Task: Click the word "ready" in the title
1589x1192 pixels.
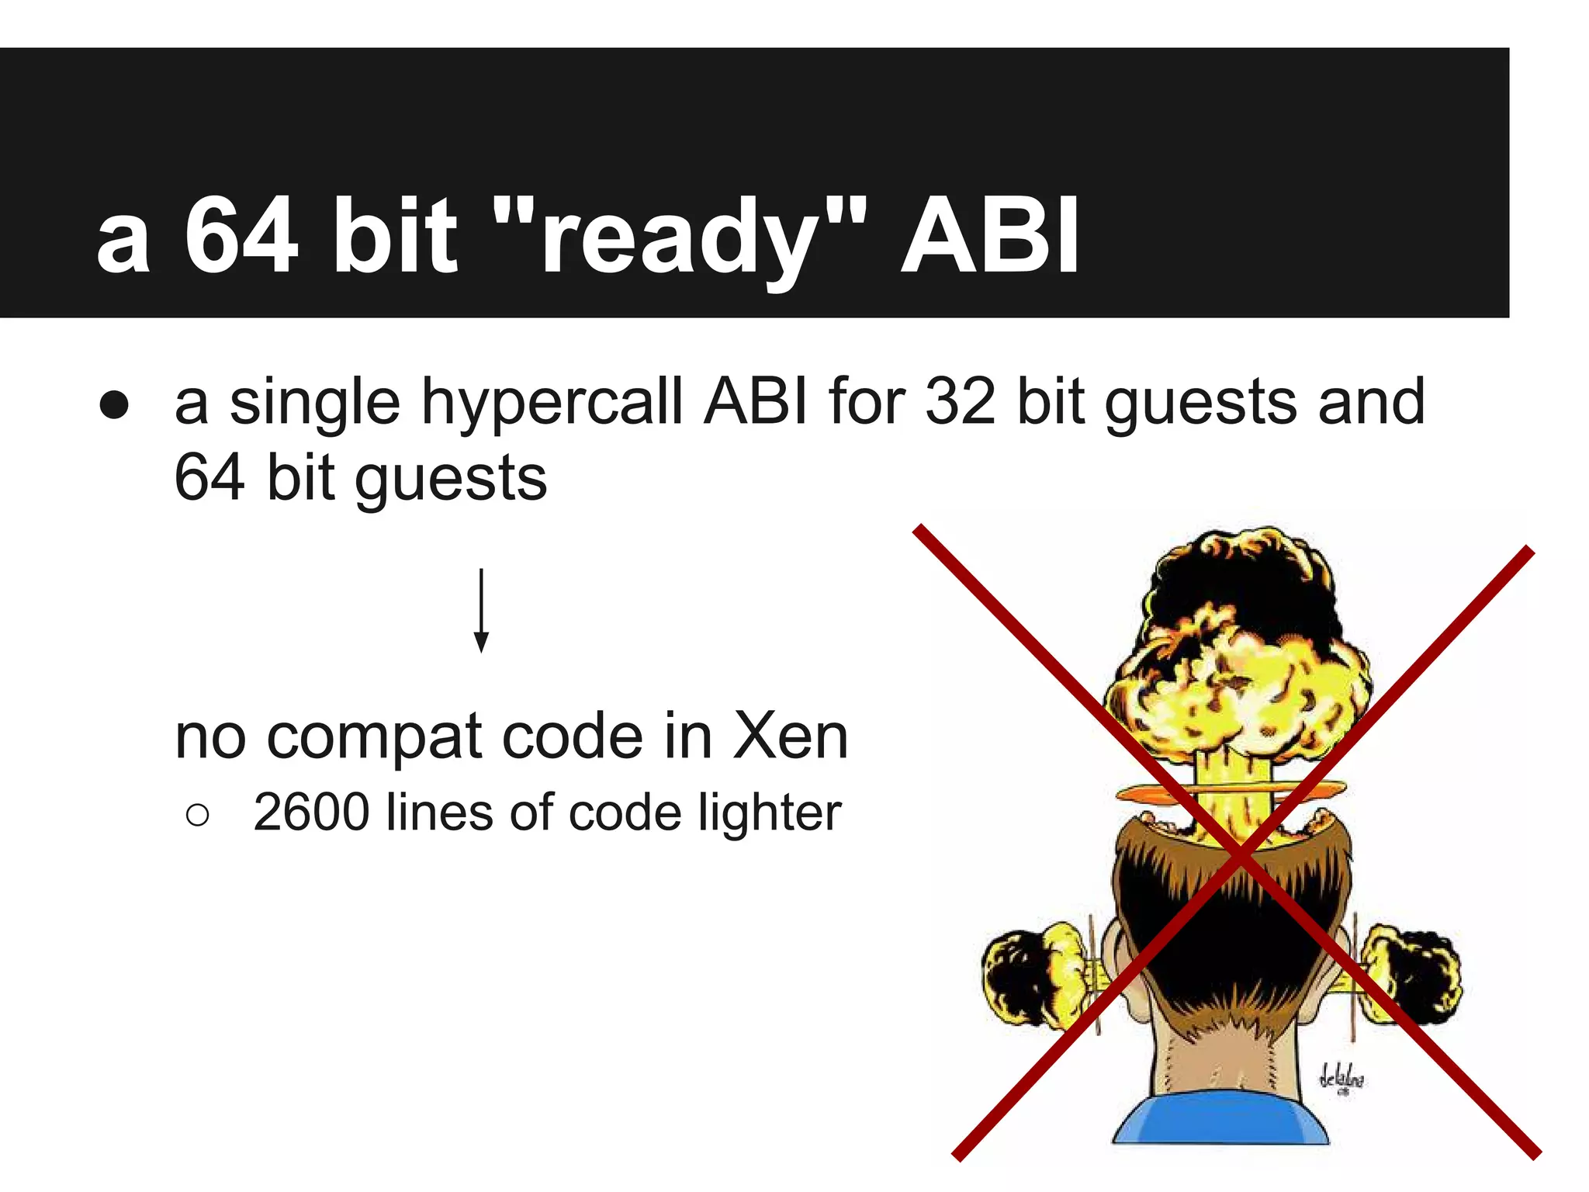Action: [679, 237]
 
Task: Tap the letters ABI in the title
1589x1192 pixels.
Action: [989, 235]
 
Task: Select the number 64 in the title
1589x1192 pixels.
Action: [241, 235]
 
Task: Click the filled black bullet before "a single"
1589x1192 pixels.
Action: [114, 405]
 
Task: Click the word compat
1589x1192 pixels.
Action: [379, 737]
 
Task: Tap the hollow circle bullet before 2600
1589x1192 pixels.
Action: [198, 815]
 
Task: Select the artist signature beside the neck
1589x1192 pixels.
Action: [1341, 1079]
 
